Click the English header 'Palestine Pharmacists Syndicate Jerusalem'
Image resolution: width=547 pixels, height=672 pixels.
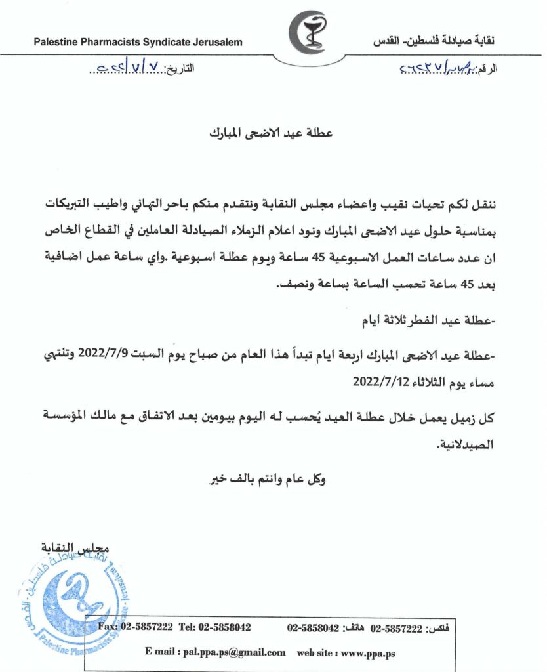138,43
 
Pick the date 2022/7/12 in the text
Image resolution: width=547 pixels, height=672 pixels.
384,379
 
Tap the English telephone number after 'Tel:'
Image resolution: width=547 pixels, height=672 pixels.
224,627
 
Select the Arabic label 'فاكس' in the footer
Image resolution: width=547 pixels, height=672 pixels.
437,628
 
